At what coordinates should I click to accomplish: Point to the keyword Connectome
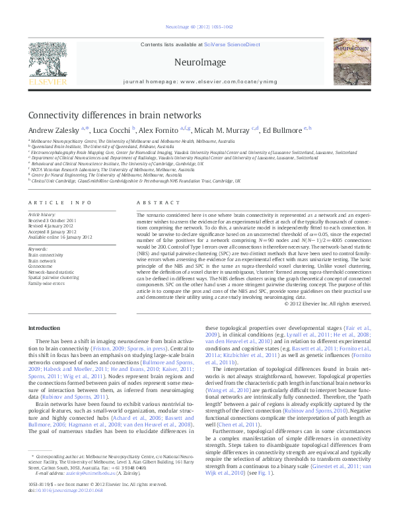[x=41, y=266]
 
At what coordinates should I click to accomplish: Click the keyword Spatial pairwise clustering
[x=52, y=276]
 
